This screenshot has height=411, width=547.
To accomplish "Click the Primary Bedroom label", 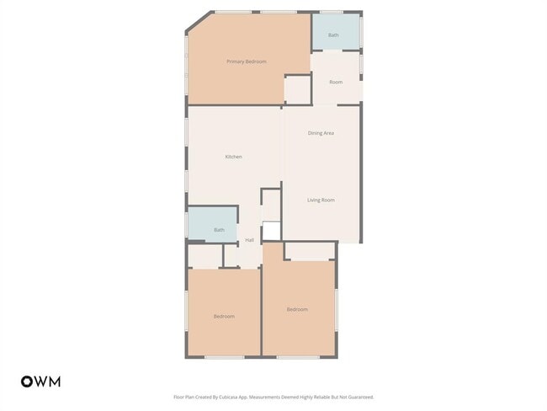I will [247, 61].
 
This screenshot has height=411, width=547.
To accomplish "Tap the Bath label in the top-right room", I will [333, 35].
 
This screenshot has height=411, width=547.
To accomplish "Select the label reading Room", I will [336, 82].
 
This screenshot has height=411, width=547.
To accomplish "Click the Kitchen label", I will [233, 157].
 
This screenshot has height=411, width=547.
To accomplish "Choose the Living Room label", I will [321, 200].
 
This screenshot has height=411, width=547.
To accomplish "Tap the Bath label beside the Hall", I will [219, 230].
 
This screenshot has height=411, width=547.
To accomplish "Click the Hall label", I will [249, 241].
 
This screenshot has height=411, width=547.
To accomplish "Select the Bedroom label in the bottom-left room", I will [224, 316].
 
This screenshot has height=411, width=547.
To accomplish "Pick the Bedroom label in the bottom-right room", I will [297, 309].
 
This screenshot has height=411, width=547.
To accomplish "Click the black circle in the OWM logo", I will [27, 382].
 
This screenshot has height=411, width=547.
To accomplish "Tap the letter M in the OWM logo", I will [54, 382].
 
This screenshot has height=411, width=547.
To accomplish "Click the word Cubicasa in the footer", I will [223, 397].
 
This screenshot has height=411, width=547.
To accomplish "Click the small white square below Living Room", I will [271, 232].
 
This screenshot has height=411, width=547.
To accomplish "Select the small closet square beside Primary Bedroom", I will [297, 90].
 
